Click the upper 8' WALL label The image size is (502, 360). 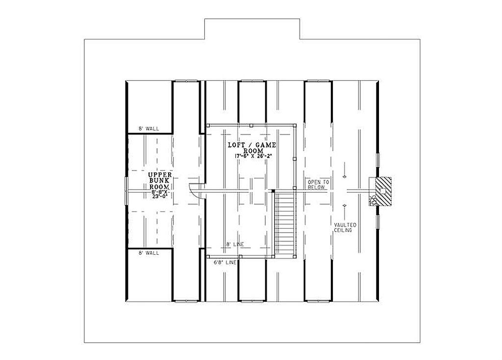point(149,129)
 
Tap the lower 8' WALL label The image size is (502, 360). point(149,253)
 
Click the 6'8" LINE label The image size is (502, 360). point(226,263)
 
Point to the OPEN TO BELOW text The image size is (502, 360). point(318,184)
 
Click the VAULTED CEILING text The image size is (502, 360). point(346,227)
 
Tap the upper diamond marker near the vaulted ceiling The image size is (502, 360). point(345,176)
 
